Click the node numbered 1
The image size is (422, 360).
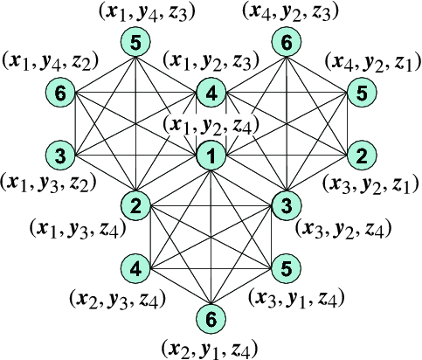pyautogui.click(x=211, y=156)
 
